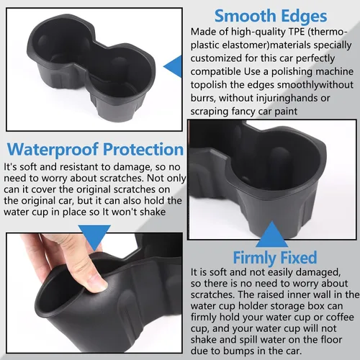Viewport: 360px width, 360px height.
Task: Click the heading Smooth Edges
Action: tap(271, 16)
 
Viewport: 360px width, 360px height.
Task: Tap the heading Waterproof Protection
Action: tap(95, 150)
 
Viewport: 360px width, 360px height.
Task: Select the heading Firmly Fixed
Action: tap(275, 258)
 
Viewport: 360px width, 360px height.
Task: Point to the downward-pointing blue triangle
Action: tap(94, 236)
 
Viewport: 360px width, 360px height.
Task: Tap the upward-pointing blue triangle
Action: tap(272, 235)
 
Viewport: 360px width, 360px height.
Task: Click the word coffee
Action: tap(340, 318)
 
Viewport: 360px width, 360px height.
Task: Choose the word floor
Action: tap(333, 340)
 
